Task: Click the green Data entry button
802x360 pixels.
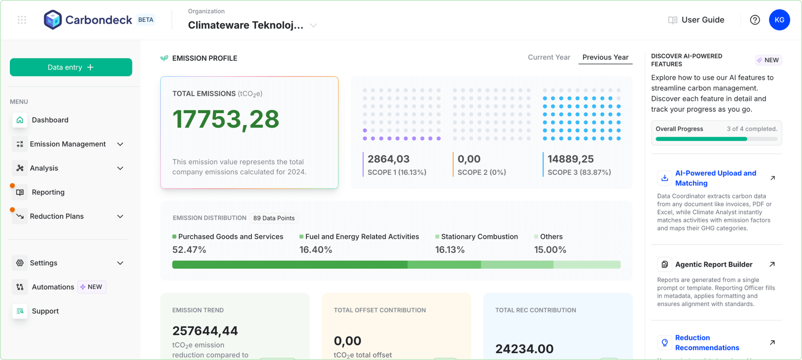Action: click(71, 67)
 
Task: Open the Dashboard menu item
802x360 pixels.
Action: click(50, 120)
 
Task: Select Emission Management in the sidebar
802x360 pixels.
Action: click(68, 144)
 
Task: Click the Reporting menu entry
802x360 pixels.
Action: click(48, 192)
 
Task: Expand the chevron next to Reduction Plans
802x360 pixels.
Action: click(120, 216)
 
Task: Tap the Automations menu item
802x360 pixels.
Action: click(53, 287)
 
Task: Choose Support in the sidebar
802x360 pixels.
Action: click(45, 311)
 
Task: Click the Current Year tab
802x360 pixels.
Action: click(549, 57)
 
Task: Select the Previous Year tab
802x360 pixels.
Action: click(605, 57)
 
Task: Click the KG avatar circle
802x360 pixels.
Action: click(779, 20)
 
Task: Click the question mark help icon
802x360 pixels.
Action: click(755, 20)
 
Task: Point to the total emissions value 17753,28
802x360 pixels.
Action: click(226, 119)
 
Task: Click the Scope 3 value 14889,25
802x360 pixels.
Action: click(570, 159)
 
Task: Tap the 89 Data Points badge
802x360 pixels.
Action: click(274, 218)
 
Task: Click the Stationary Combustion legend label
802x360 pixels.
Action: click(479, 237)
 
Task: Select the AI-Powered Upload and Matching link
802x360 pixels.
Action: click(715, 178)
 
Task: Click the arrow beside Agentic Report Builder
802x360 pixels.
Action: click(772, 264)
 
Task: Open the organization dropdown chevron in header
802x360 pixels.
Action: click(314, 25)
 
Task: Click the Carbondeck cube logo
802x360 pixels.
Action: click(53, 20)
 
